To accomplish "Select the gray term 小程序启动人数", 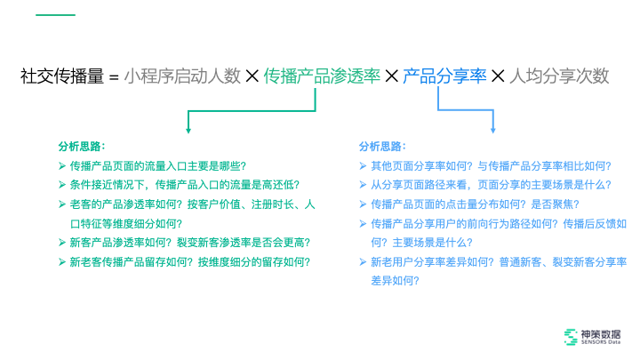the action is (182, 76).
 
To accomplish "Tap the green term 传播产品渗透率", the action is (322, 76).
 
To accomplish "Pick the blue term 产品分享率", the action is (444, 76).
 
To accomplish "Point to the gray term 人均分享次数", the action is (559, 76).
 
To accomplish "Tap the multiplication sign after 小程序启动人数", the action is (252, 76).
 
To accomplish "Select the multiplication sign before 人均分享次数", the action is (498, 76).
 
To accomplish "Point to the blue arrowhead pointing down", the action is (494, 128).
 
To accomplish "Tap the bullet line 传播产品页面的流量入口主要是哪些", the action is (157, 165).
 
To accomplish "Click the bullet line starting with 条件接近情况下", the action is (188, 185).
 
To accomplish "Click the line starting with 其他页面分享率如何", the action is (492, 165).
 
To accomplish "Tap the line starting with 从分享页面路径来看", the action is (492, 185).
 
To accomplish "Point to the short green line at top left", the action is (55, 15).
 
